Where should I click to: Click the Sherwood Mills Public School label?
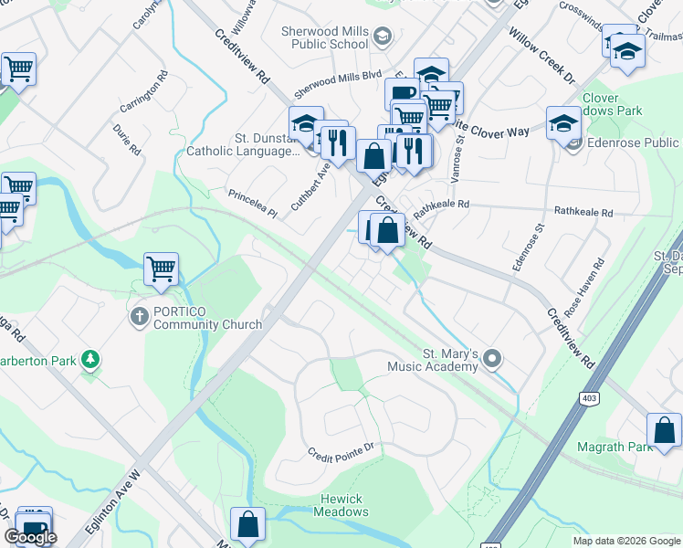tap(325, 37)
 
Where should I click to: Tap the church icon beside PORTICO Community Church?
tap(139, 317)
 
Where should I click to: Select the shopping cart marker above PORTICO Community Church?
tap(161, 269)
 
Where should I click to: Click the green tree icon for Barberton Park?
tap(90, 359)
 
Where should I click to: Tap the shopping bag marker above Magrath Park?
tap(664, 430)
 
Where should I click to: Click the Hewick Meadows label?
tap(341, 505)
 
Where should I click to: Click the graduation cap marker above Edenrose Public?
tap(563, 123)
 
